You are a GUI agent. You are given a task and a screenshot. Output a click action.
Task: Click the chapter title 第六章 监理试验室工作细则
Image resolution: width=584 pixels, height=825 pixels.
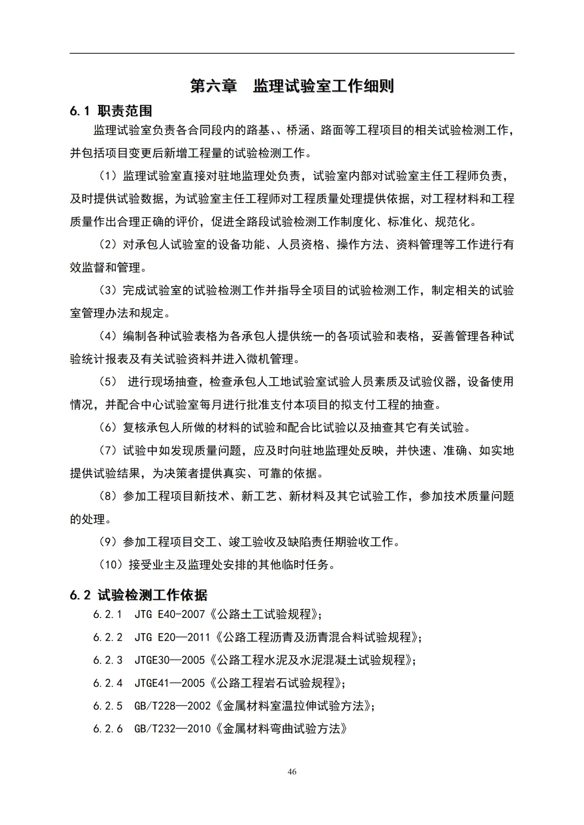click(x=292, y=86)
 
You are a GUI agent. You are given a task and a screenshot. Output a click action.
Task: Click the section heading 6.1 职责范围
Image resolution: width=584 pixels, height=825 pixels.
click(x=111, y=111)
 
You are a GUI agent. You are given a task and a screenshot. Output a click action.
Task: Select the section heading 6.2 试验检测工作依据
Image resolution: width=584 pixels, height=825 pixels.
click(x=138, y=595)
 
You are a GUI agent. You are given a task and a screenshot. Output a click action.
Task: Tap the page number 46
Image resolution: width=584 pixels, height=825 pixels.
click(x=292, y=772)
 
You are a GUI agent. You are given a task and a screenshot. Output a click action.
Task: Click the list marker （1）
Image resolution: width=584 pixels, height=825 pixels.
click(x=108, y=176)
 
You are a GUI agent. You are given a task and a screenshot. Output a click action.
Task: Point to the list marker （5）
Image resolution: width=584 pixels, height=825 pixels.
click(x=108, y=382)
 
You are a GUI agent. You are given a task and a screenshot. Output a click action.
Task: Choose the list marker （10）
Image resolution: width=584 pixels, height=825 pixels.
click(x=111, y=565)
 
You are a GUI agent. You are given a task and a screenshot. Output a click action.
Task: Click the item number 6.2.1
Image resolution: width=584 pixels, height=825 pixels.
click(x=108, y=615)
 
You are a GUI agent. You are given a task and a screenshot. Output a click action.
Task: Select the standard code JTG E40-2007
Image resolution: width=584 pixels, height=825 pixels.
click(x=170, y=615)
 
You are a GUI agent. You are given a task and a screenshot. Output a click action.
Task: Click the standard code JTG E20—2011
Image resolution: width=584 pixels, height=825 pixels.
click(x=172, y=638)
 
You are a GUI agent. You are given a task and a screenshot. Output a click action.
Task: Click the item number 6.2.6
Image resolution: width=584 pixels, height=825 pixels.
click(x=108, y=729)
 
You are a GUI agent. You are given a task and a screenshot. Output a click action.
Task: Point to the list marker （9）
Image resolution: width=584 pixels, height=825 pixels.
click(x=108, y=542)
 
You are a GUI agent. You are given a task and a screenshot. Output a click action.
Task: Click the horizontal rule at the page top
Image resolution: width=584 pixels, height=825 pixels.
click(x=292, y=53)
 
